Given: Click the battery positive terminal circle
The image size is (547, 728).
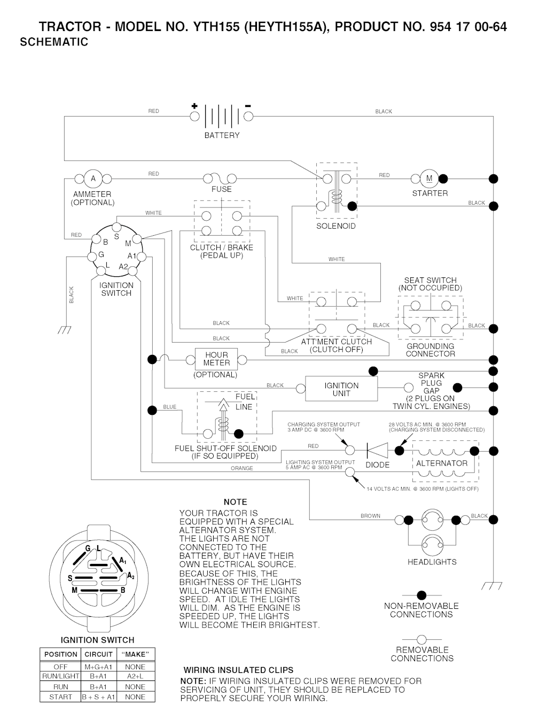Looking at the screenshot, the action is pos(194,116).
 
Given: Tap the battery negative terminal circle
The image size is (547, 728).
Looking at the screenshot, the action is pos(248,116).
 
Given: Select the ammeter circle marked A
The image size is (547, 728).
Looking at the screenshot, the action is pos(93,179).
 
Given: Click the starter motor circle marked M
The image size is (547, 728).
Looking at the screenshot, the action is pos(429,179).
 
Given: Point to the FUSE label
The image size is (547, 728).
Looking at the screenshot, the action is pos(222,189).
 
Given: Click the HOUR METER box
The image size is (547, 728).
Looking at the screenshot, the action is pos(216,359).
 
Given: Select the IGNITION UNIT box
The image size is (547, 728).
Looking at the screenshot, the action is pos(341,389).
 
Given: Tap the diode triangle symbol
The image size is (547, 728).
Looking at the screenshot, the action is pos(377,451).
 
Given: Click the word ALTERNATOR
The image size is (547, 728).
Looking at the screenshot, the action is pos(442,463).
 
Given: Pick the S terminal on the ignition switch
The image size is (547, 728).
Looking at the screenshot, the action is pos(116,227).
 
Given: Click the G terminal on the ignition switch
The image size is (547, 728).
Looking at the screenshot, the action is pos(92,257).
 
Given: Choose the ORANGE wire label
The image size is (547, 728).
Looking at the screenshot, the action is pos(242,468).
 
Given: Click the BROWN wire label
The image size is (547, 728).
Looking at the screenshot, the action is pos(370,516).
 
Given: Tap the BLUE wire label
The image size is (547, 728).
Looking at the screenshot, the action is pos(170,407).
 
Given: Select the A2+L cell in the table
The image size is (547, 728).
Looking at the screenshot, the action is pos(135,676).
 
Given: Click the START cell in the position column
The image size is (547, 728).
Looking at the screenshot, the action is pos(61,697).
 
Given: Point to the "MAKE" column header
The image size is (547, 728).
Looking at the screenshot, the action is pos(135,654).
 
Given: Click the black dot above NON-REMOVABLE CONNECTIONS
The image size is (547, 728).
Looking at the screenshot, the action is pos(421,595).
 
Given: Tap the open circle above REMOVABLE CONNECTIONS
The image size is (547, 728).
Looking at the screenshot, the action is pos(421,639).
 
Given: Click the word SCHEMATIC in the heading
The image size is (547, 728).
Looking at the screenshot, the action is pos(54,42).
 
